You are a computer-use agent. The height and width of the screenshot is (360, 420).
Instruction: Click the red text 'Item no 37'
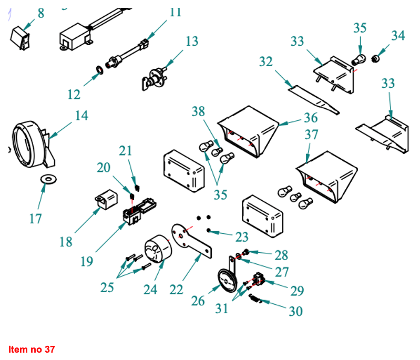pyautogui.click(x=31, y=349)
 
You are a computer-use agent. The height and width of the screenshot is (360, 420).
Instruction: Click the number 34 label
pyautogui.click(x=398, y=36)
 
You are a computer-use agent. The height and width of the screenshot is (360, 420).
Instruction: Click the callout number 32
pyautogui.click(x=266, y=61)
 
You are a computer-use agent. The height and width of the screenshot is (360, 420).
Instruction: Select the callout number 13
pyautogui.click(x=192, y=40)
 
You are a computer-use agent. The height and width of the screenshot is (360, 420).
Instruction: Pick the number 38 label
pyautogui.click(x=198, y=111)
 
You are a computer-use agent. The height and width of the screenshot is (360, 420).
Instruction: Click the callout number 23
pyautogui.click(x=241, y=236)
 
